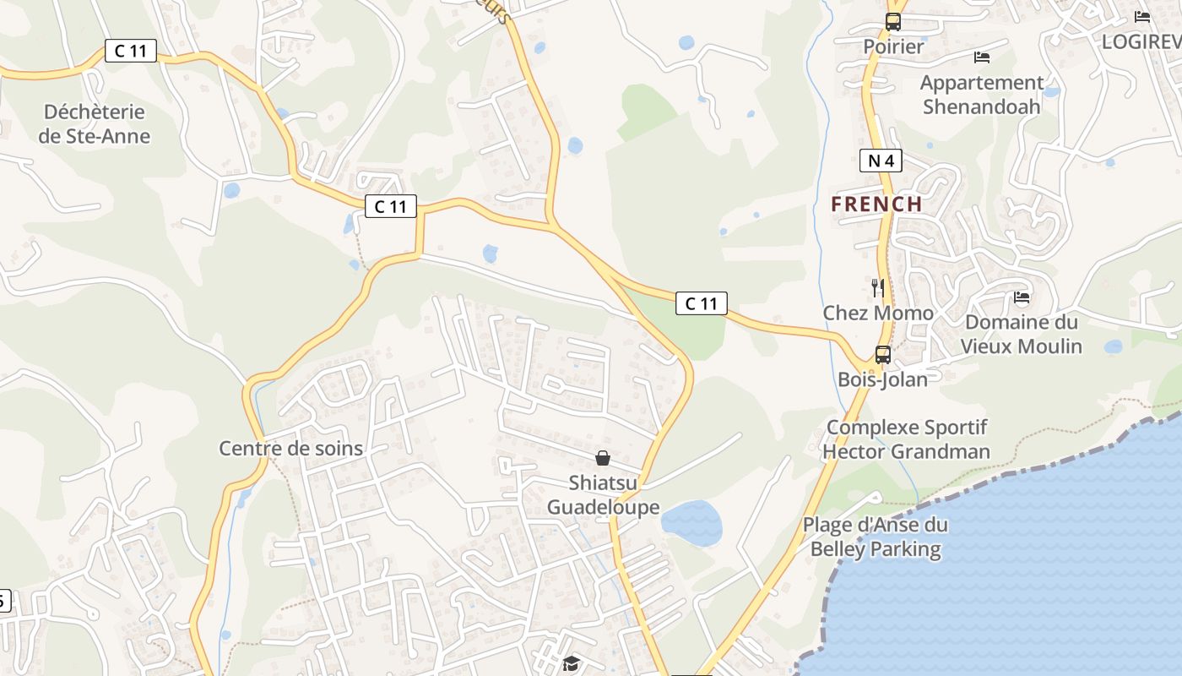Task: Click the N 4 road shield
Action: tap(881, 161)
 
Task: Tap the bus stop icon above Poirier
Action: tap(893, 22)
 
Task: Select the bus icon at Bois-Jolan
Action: tap(883, 355)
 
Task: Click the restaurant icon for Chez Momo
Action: tap(878, 288)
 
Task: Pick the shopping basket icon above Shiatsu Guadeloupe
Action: tap(603, 458)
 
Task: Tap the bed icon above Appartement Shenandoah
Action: tap(982, 57)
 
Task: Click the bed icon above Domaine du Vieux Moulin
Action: tap(1022, 297)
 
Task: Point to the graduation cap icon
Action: tap(572, 663)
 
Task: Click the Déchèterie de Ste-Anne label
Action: tap(95, 124)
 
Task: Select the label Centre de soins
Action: tap(290, 449)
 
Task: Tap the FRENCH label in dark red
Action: tap(876, 204)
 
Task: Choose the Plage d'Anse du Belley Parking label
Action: tap(875, 537)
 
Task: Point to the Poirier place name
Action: tap(893, 46)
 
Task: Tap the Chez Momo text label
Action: tap(878, 313)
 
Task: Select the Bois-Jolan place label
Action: tap(882, 379)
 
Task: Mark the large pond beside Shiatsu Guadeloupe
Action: tap(691, 523)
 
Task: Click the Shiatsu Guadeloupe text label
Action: tap(603, 495)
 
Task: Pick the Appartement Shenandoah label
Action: tap(981, 95)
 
